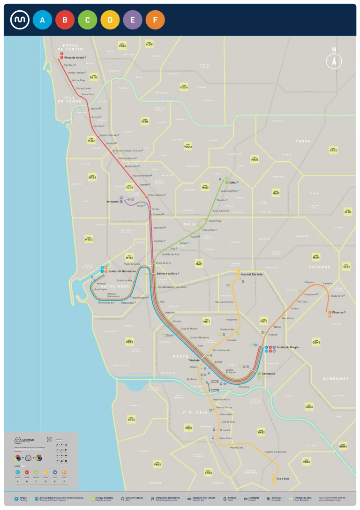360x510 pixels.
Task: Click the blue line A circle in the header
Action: [x=42, y=20]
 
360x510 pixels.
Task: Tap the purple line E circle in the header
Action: [x=133, y=20]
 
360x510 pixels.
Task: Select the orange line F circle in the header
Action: [x=155, y=20]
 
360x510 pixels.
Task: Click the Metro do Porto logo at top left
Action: [x=20, y=20]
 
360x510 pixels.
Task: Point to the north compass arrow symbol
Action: [x=334, y=60]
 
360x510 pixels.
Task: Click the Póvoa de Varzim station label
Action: [x=74, y=58]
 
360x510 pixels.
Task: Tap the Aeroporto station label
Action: [x=112, y=202]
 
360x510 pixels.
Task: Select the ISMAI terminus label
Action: [x=233, y=182]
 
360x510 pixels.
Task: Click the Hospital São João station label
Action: [x=252, y=274]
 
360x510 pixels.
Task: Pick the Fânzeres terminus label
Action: [x=339, y=312]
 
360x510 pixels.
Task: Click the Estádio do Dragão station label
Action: [x=288, y=347]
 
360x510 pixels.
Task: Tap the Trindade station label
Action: [x=194, y=360]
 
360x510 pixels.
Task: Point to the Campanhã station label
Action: [x=268, y=374]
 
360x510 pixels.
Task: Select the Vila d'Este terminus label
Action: [x=283, y=478]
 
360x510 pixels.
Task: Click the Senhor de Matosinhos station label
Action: [x=123, y=271]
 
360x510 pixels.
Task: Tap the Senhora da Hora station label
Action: [x=167, y=273]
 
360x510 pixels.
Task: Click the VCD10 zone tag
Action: [x=184, y=87]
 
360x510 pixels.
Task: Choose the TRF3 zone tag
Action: [x=333, y=150]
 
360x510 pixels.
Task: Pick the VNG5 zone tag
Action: [x=131, y=420]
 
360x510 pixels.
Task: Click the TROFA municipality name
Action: [x=303, y=141]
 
